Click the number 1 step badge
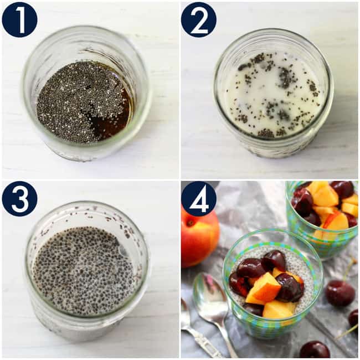click(x=19, y=19)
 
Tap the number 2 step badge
click(x=198, y=19)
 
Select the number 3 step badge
click(x=19, y=198)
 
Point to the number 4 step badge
click(x=198, y=198)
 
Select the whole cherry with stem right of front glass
click(x=339, y=292)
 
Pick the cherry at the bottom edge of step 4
click(x=314, y=349)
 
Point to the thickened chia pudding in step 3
click(x=83, y=271)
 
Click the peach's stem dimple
click(x=190, y=222)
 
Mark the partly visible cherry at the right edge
click(x=353, y=318)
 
